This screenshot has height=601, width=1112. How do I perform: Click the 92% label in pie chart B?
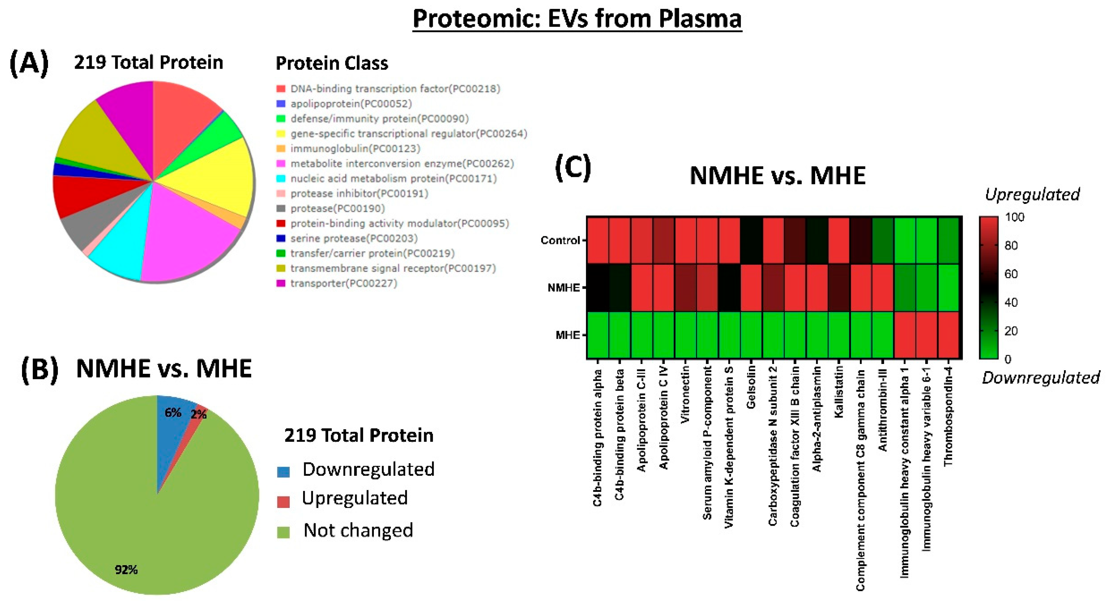tap(126, 570)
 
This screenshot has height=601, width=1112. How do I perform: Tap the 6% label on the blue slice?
tap(173, 413)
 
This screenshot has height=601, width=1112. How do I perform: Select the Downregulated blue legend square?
tap(283, 472)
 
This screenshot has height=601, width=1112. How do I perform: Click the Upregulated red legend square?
tap(283, 502)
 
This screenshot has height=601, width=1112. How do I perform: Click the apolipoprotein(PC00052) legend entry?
tap(351, 104)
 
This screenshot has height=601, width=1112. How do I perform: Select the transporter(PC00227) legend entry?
tap(344, 283)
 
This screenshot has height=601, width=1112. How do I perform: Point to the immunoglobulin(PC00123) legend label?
tap(355, 149)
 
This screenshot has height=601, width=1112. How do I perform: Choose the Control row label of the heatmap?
tap(560, 240)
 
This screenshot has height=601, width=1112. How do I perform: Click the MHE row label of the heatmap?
tap(568, 335)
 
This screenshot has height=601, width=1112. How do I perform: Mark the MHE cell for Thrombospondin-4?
tap(948, 335)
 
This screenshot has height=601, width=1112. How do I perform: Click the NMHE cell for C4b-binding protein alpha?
tap(598, 288)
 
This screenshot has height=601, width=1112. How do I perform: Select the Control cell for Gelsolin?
tap(751, 240)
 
